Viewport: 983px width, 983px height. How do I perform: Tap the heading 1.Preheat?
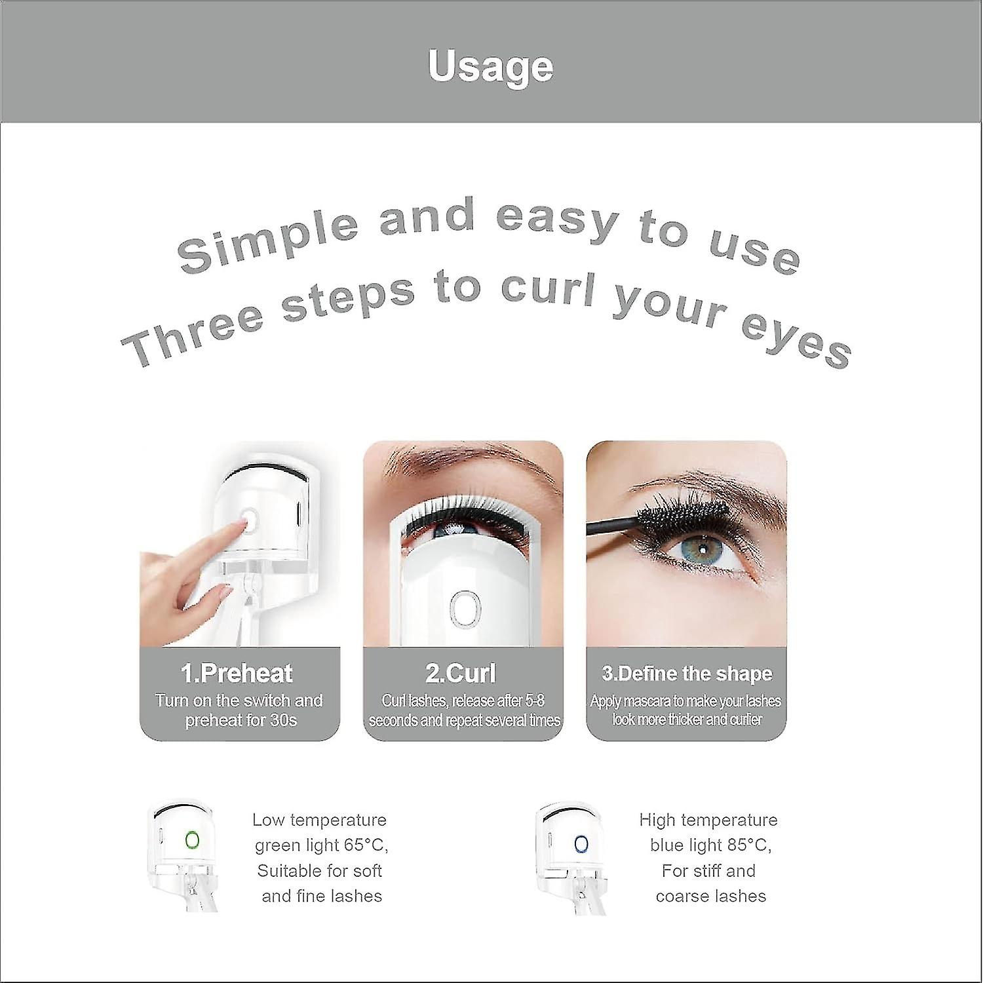point(237,674)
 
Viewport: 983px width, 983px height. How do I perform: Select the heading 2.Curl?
point(461,674)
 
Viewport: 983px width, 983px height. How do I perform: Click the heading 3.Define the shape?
point(687,674)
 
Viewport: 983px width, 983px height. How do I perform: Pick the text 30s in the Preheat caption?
point(282,721)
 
